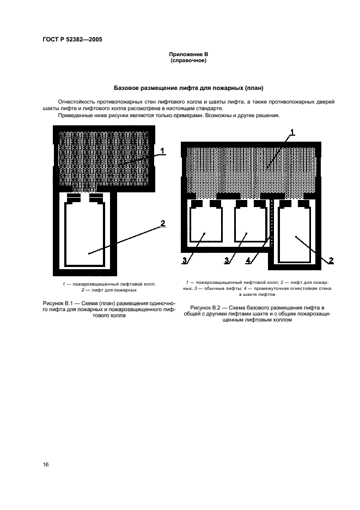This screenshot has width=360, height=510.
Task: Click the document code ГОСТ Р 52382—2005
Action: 72,40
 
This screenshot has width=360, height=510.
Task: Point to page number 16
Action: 46,464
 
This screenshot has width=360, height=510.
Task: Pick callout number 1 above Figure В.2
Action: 292,132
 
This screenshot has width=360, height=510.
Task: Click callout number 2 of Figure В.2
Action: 331,260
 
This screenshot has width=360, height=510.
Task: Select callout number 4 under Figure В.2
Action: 248,260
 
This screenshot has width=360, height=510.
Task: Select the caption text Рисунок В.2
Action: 204,308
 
